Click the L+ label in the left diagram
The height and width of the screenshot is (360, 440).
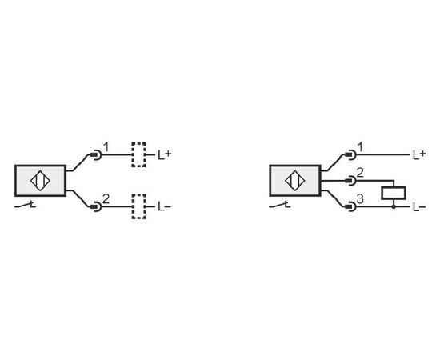164,154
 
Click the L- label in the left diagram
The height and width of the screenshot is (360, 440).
164,207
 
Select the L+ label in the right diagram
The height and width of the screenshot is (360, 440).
419,154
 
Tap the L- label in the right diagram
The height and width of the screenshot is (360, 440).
419,207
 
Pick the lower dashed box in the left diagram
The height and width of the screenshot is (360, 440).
138,194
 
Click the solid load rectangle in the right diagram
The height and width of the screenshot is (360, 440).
394,187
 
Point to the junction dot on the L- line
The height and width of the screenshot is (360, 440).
394,207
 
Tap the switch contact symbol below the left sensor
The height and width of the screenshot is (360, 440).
26,206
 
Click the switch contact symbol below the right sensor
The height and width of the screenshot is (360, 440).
280,206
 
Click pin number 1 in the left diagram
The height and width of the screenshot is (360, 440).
106,147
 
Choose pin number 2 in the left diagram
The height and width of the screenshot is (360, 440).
106,199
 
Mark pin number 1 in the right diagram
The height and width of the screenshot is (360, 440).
361,147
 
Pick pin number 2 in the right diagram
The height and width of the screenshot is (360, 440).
360,173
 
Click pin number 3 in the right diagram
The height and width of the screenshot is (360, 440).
360,199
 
